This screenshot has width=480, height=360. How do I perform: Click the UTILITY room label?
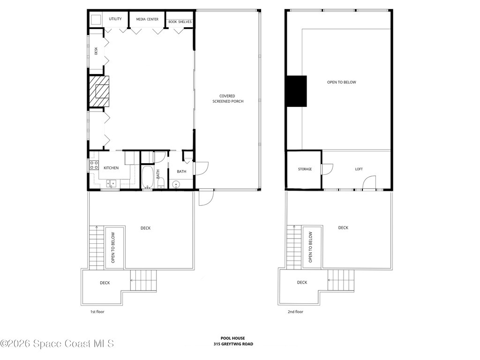[x=115, y=19]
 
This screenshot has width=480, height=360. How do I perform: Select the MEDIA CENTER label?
[x=147, y=19]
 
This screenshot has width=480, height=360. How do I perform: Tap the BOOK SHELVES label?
[x=180, y=22]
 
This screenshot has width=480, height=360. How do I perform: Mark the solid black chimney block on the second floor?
[x=296, y=91]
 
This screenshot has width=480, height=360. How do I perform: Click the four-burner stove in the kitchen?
[x=94, y=165]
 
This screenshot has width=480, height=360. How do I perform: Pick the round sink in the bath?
[x=177, y=185]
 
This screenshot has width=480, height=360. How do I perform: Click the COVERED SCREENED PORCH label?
[x=228, y=98]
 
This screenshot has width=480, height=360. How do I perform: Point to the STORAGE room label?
[x=305, y=169]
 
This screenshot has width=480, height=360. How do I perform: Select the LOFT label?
[x=359, y=169]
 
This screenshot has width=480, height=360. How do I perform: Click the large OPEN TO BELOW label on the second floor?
[x=341, y=82]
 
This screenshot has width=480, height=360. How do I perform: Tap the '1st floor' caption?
[x=97, y=312]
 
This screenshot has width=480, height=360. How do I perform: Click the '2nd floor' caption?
[x=295, y=312]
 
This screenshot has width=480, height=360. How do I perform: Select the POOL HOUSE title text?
[x=233, y=338]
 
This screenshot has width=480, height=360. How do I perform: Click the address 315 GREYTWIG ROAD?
[x=233, y=344]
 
